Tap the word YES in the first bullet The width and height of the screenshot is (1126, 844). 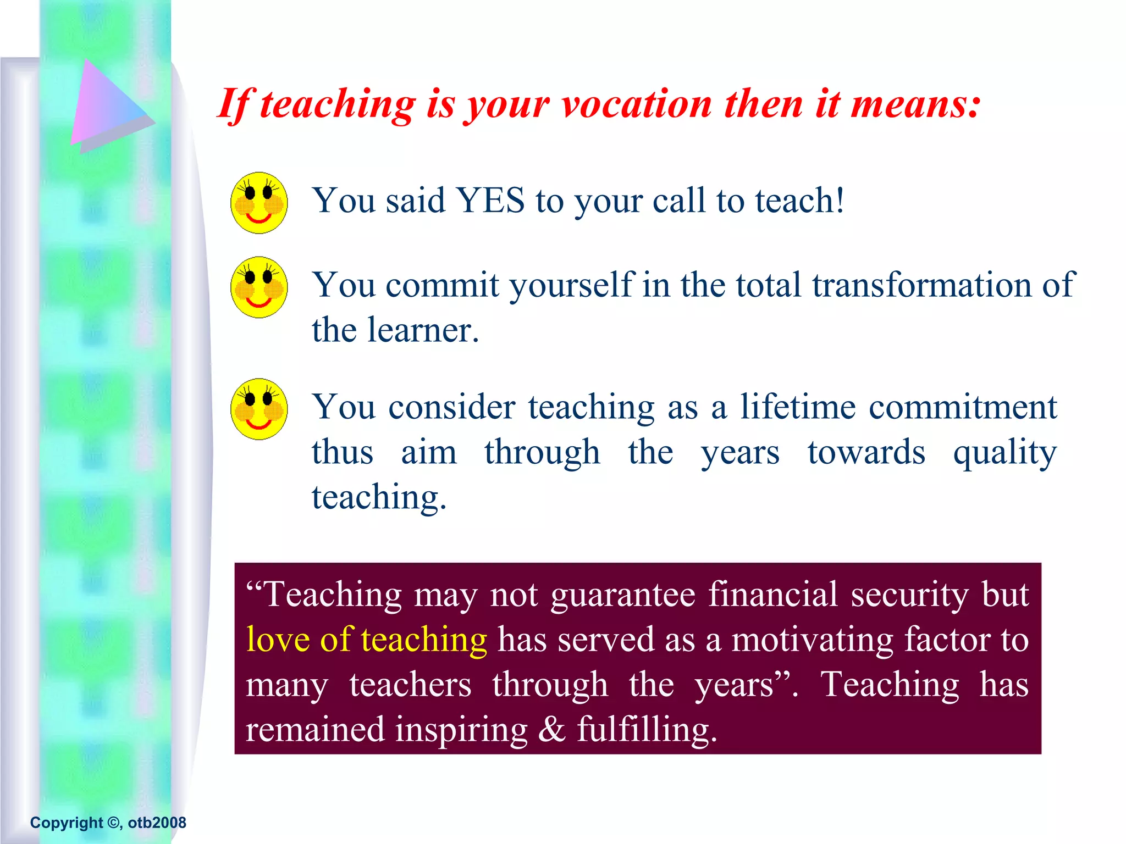(x=491, y=201)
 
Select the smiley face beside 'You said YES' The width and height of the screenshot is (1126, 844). (x=258, y=203)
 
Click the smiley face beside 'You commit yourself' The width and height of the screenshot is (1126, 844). (x=258, y=287)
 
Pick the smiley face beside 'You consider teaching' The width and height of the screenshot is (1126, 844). (x=258, y=409)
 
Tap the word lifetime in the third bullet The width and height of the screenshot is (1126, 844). (x=797, y=407)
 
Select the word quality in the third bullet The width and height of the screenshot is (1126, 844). (x=1004, y=453)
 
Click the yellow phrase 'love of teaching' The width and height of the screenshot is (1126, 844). (x=366, y=640)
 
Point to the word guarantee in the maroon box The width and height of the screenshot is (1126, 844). (x=623, y=595)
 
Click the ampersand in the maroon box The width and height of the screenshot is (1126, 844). (x=551, y=730)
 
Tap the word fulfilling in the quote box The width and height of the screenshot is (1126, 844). (x=647, y=730)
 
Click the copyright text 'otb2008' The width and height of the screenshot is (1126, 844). (x=157, y=823)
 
